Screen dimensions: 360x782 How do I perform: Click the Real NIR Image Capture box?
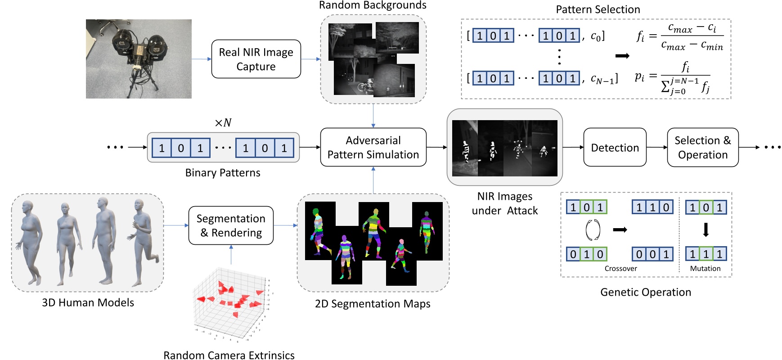pos(256,59)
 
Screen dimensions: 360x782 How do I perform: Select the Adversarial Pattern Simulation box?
pos(373,147)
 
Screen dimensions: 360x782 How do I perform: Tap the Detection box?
pos(615,148)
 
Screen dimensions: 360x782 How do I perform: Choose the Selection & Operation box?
pos(702,148)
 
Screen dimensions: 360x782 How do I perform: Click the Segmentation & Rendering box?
pos(231,225)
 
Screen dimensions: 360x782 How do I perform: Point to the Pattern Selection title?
pos(598,9)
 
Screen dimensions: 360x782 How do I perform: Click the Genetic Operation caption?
pos(645,292)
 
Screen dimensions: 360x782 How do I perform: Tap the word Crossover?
pos(620,269)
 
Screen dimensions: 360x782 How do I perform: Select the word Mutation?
pos(705,269)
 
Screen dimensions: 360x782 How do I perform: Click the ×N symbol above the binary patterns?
pos(223,122)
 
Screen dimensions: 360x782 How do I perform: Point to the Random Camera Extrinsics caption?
pos(229,355)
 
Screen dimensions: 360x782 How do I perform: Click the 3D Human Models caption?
pos(88,302)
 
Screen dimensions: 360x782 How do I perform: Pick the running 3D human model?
pos(143,243)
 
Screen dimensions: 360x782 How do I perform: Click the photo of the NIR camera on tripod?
pos(139,59)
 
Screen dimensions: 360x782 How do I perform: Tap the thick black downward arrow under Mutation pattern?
pos(706,230)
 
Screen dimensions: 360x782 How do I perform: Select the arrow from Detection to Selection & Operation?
pos(656,147)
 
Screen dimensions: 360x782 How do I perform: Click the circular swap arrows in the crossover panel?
pos(592,230)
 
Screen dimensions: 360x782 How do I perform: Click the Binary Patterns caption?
pos(223,173)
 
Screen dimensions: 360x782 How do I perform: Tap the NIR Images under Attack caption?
pos(504,203)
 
